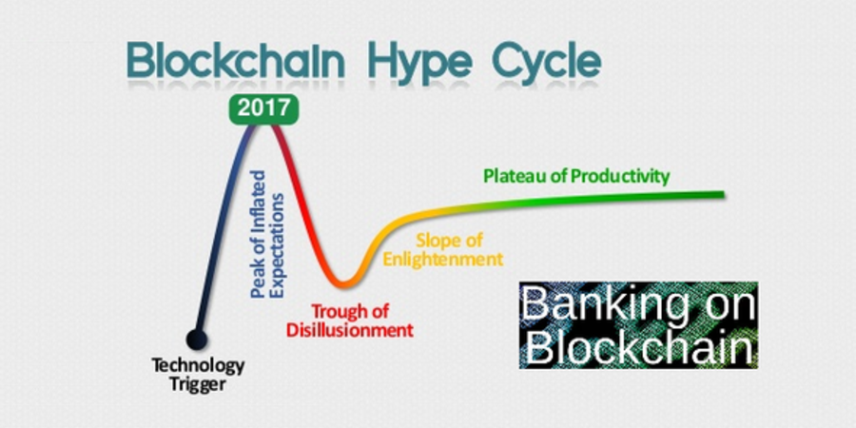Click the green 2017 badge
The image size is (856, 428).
click(x=263, y=108)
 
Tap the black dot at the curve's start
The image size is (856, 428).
click(x=197, y=339)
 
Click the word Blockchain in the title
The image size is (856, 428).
click(x=236, y=60)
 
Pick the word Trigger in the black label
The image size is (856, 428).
click(x=197, y=384)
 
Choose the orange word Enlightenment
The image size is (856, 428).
click(x=442, y=259)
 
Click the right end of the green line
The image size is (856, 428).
click(x=724, y=194)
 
